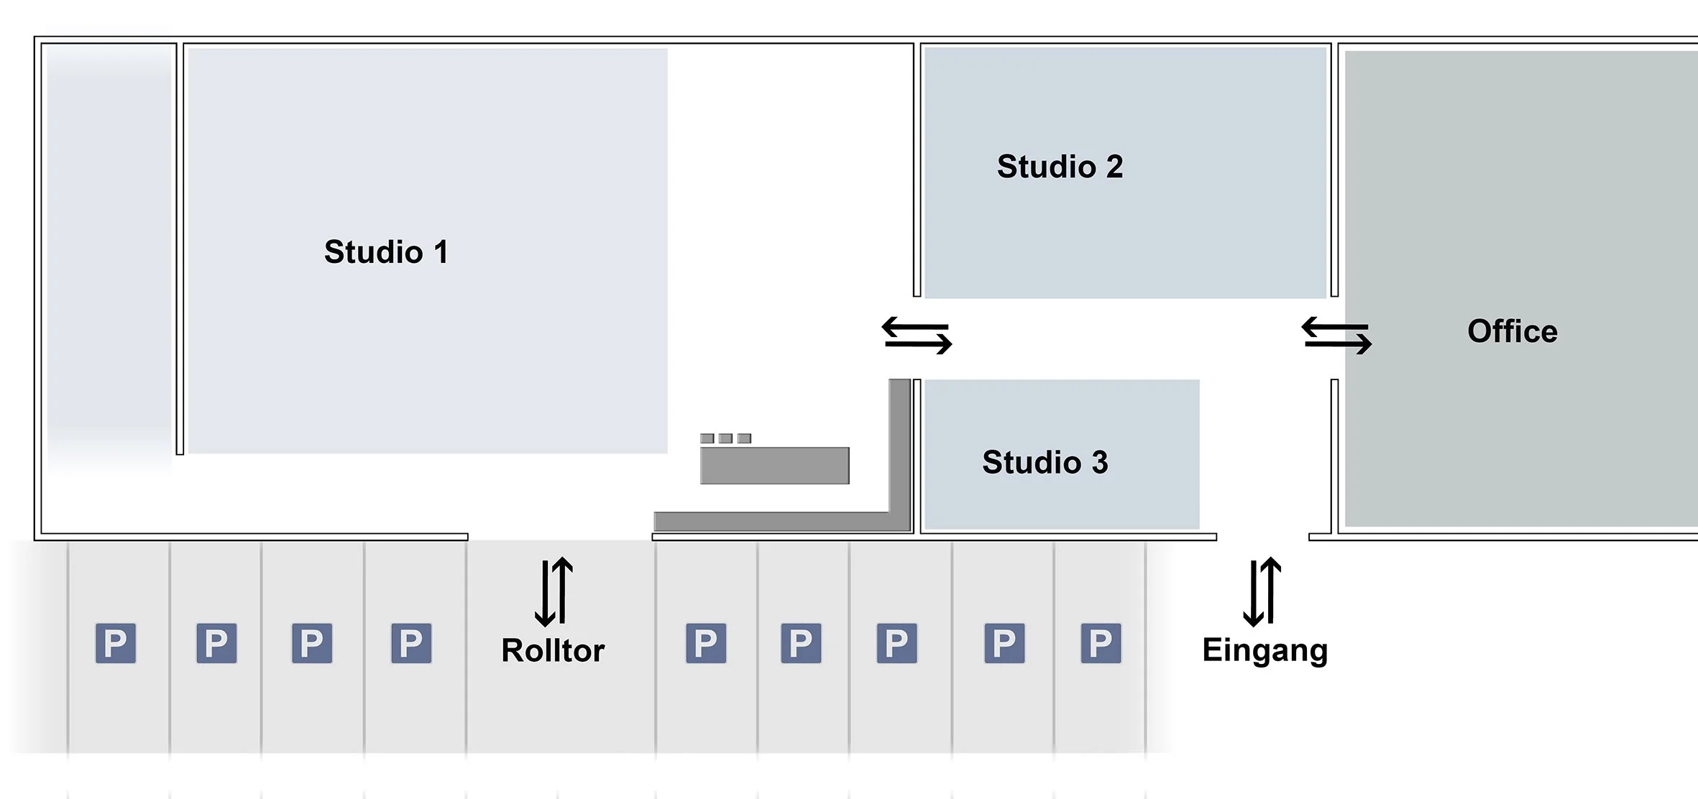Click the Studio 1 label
386,252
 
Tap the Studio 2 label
1060,167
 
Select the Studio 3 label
1045,462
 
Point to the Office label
1513,331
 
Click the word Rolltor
553,650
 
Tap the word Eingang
1265,650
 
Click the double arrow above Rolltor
554,591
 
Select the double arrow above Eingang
1262,591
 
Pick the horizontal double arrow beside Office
1336,336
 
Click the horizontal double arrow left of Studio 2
917,336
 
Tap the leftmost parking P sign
116,643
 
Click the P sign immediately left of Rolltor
411,643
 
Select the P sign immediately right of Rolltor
706,643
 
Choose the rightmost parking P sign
1101,643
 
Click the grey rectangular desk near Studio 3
774,466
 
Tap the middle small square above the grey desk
725,438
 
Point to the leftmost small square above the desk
707,438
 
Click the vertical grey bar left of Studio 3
899,445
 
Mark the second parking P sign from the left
216,643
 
